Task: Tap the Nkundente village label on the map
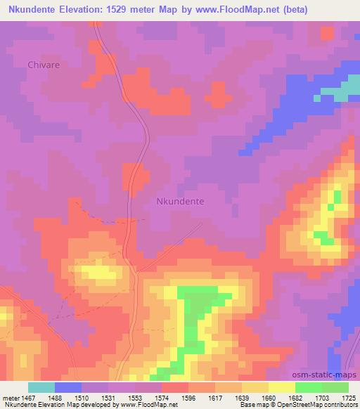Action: click(179, 201)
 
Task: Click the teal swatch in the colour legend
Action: click(41, 387)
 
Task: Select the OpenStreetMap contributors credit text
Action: click(316, 405)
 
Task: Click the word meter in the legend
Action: click(9, 397)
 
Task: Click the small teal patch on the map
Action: click(342, 92)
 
